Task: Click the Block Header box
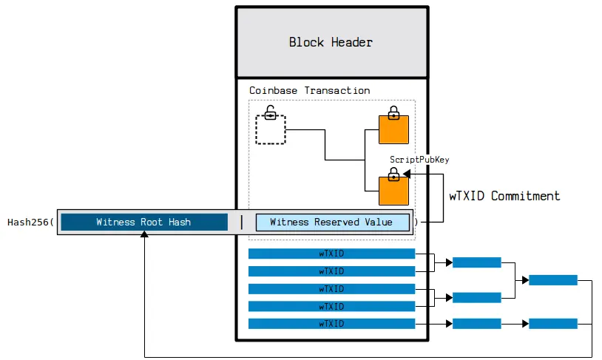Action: tap(331, 42)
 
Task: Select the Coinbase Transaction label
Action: tap(309, 90)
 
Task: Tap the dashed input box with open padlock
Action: tap(271, 130)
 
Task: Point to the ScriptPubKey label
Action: tap(419, 160)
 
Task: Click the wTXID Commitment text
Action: tap(504, 196)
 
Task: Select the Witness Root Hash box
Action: tap(143, 222)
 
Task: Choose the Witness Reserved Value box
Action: tap(332, 222)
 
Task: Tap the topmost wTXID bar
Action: tap(331, 254)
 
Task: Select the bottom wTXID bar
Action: tap(331, 324)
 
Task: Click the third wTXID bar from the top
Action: tap(331, 288)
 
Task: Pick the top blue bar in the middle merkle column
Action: tap(476, 262)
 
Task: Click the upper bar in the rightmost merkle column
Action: tap(553, 280)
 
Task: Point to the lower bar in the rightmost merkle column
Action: tap(553, 324)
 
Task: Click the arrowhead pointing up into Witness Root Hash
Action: tap(144, 235)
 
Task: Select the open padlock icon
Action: tap(271, 113)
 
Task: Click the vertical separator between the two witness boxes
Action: tap(242, 222)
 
